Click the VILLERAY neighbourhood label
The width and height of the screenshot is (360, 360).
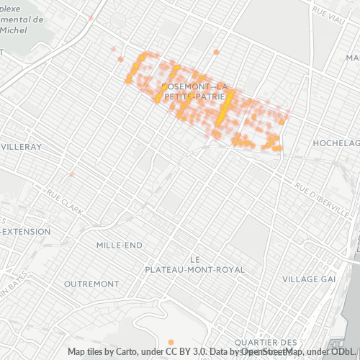(x=22, y=146)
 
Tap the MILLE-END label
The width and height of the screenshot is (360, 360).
(x=120, y=245)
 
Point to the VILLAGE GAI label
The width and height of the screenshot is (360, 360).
(x=309, y=279)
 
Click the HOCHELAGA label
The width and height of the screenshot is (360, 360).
(x=336, y=143)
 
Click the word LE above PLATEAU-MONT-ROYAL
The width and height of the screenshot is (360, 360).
(x=194, y=258)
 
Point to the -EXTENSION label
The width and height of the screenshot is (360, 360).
(x=25, y=232)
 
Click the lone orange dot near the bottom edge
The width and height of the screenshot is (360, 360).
(x=171, y=341)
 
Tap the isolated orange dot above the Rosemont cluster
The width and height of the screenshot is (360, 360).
(x=216, y=52)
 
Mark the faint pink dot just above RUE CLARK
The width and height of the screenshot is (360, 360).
(x=71, y=175)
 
